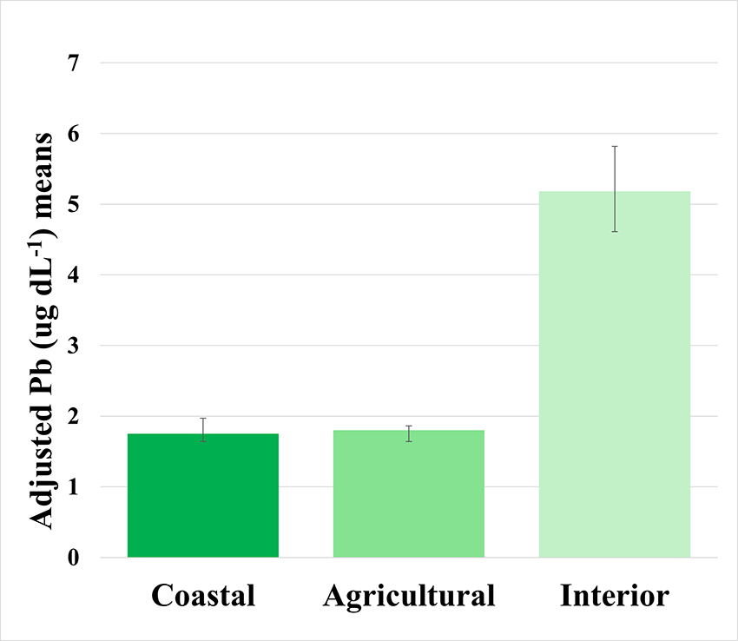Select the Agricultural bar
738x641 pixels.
click(409, 495)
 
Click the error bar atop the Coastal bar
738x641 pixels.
click(203, 427)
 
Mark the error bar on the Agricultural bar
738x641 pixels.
click(409, 433)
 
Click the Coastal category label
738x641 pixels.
click(203, 597)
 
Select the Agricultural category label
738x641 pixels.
click(409, 597)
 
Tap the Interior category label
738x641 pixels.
click(615, 597)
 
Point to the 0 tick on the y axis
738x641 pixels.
click(73, 558)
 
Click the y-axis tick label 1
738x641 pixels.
click(73, 487)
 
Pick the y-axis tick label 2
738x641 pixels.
click(73, 417)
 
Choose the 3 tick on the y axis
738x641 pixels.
click(73, 346)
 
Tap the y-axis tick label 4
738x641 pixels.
click(73, 275)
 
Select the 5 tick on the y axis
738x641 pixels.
click(73, 205)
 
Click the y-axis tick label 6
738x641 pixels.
click(73, 134)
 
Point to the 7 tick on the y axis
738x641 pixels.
click(73, 63)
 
